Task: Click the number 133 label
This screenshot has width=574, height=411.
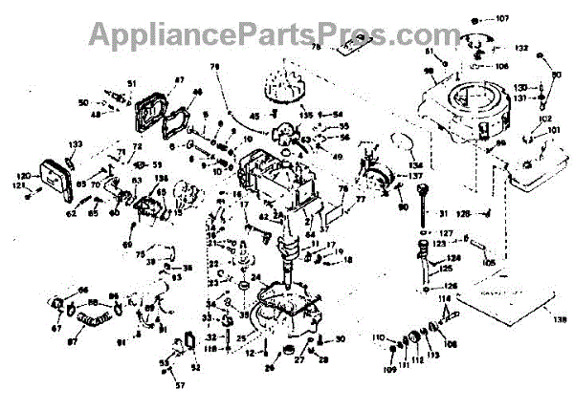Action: coord(76,143)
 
